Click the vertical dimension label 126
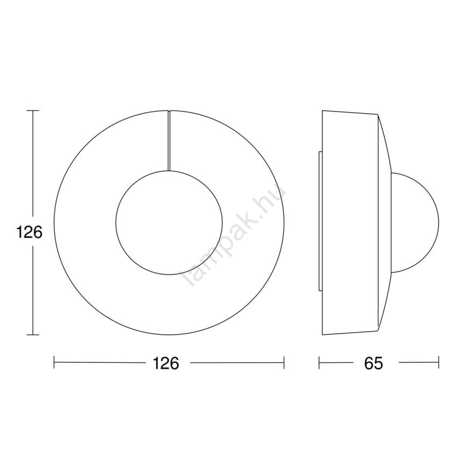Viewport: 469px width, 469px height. point(29,233)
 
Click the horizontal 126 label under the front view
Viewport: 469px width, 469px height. point(166,363)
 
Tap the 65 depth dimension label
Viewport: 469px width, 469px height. point(374,363)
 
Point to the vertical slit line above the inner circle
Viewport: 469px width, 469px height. point(169,141)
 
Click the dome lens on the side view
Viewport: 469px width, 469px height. point(439,222)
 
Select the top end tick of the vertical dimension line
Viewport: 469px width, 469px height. point(33,111)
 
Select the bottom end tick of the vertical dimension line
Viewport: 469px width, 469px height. point(33,335)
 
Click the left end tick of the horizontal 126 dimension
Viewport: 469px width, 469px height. point(54,362)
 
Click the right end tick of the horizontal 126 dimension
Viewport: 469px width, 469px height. point(284,362)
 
